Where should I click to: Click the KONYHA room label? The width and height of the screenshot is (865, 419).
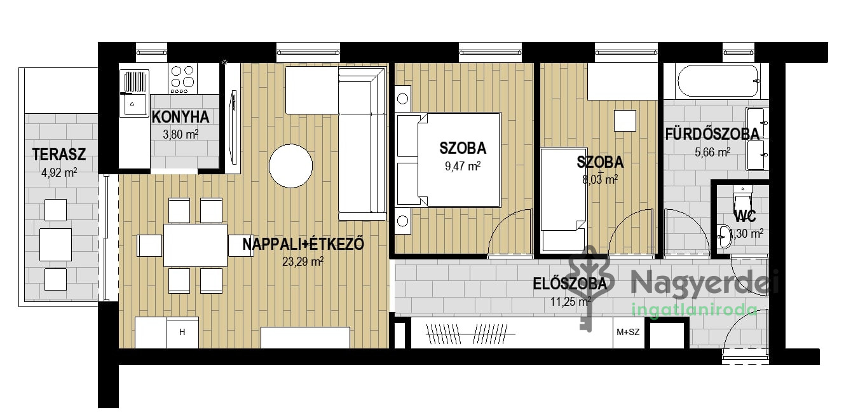coord(180,117)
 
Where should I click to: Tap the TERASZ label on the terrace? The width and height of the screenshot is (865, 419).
coord(59,155)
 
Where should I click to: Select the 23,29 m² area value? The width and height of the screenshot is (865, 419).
coord(303,261)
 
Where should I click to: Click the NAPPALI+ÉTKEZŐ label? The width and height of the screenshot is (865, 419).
coord(303,244)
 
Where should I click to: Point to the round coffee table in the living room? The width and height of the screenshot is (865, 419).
coord(291,166)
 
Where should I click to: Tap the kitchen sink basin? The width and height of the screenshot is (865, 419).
coord(134,104)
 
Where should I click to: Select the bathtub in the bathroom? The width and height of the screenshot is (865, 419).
coord(718,81)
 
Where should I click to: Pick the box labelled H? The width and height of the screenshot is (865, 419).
coord(182,333)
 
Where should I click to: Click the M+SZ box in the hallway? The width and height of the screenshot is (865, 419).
coord(629,332)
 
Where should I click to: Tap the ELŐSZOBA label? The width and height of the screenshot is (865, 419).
coord(570,284)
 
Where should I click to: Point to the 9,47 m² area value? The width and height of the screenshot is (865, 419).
coord(463,166)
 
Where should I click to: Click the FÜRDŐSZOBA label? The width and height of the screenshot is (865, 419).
coord(712,134)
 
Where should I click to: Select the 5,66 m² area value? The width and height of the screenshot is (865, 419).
coord(712,152)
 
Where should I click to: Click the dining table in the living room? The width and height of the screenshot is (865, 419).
coord(195,245)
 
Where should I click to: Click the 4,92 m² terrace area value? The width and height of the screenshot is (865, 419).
coord(59,172)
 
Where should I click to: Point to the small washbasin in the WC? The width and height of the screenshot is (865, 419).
coord(724,236)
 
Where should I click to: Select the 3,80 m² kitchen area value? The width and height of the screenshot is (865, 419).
coord(180,134)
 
